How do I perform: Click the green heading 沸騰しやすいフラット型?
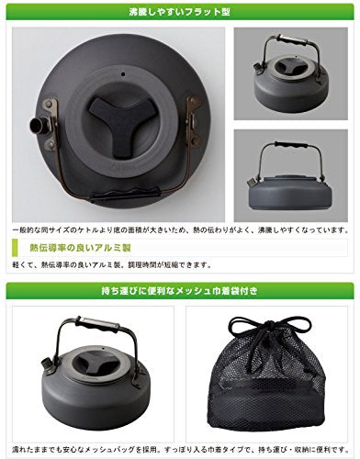(x=180, y=14)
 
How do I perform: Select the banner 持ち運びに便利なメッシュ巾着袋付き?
(x=180, y=292)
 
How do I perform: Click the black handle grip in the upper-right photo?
(x=287, y=43)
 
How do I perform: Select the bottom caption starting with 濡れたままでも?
(x=180, y=448)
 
